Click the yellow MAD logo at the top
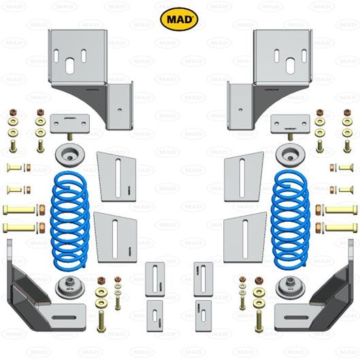pos(179,16)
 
